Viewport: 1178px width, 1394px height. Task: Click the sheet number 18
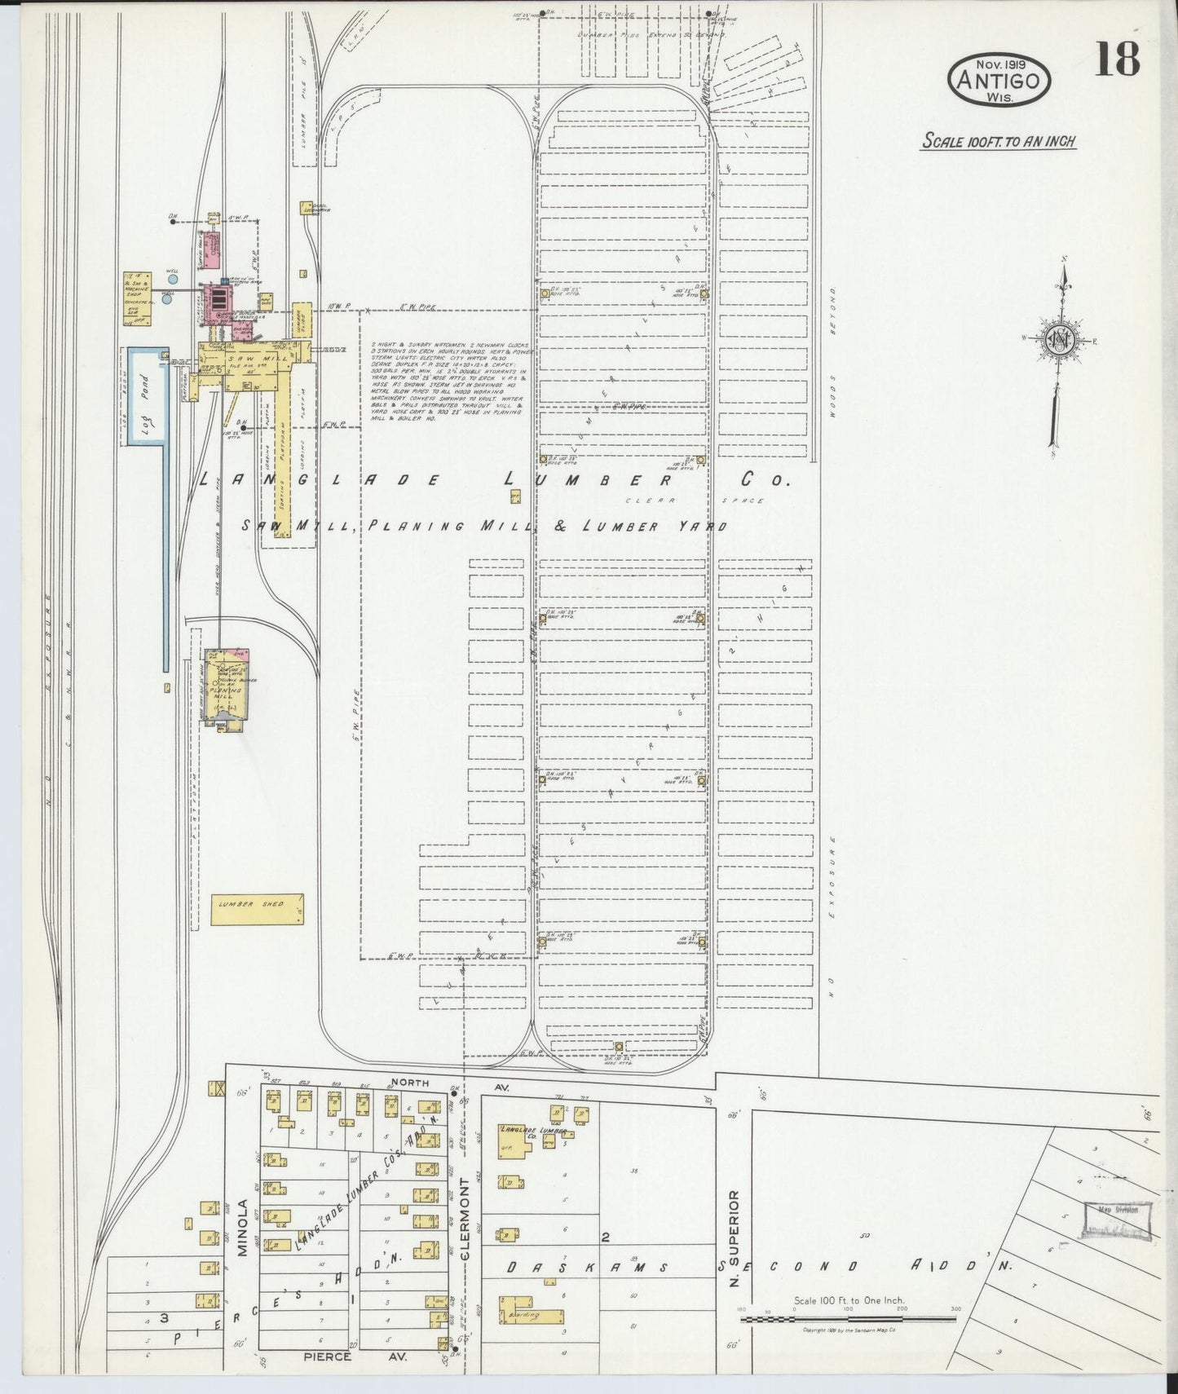pyautogui.click(x=1117, y=59)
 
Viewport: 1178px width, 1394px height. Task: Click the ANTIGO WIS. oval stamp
pyautogui.click(x=999, y=80)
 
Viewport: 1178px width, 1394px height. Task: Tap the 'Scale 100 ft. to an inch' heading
pyautogui.click(x=999, y=141)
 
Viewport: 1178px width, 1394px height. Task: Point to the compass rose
pyautogui.click(x=1059, y=341)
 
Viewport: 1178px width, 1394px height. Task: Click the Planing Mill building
pyautogui.click(x=226, y=687)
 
